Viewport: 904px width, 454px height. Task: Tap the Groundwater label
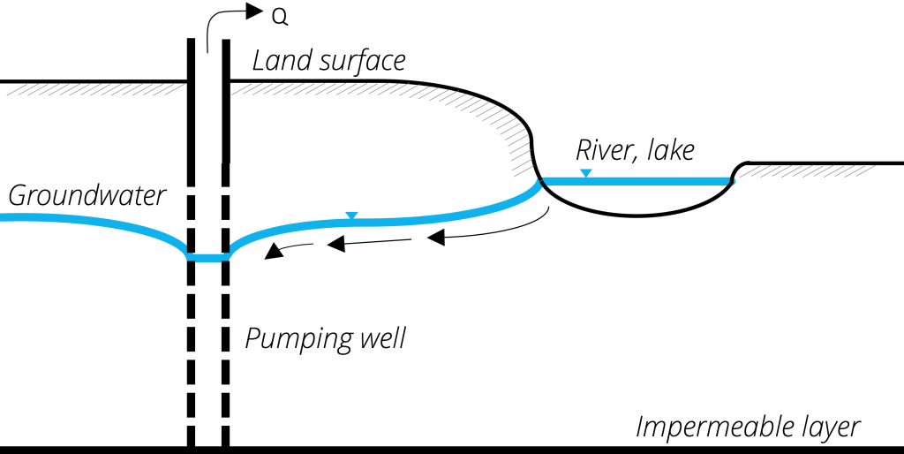(x=87, y=195)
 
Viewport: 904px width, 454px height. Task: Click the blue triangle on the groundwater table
(x=351, y=216)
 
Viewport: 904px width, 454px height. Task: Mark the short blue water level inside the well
(x=208, y=257)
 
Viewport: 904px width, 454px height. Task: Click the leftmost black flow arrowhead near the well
(x=275, y=252)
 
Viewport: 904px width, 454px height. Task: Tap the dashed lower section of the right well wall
(x=226, y=353)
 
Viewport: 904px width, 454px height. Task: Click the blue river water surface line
(x=636, y=181)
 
